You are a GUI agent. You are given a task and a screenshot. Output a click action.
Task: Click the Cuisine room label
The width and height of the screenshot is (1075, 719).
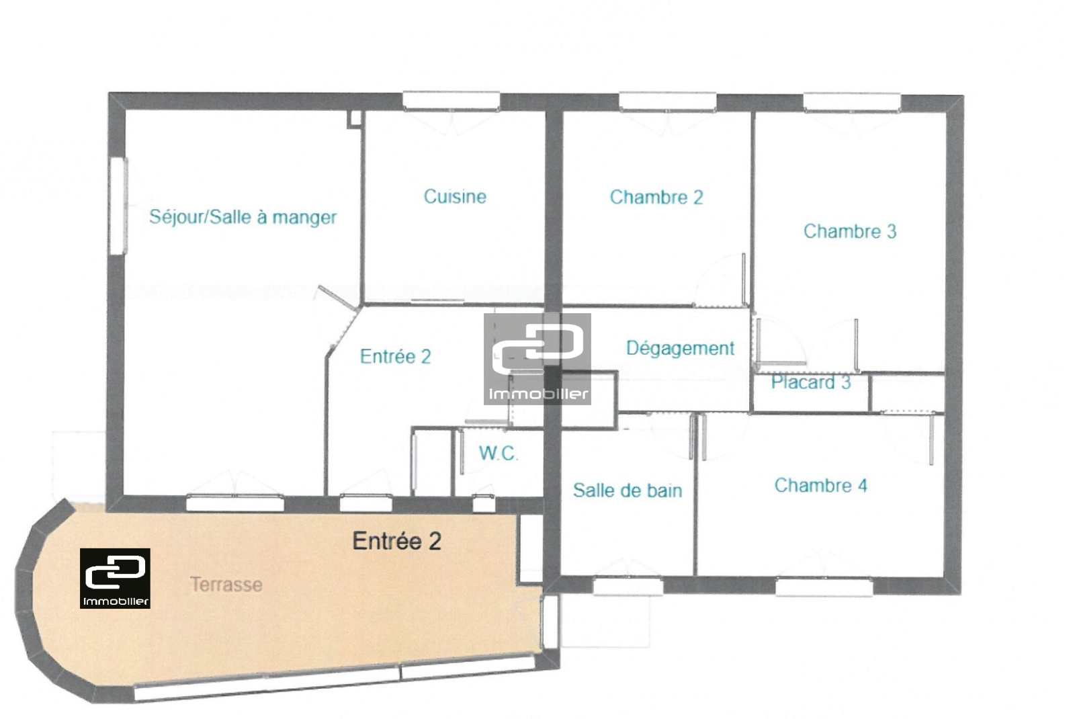(455, 197)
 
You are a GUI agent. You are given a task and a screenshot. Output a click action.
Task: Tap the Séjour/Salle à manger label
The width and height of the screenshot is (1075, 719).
(243, 217)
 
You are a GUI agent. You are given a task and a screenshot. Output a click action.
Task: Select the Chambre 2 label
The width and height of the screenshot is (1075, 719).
(656, 198)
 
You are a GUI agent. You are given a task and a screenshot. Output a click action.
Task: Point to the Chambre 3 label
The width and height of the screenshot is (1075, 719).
(850, 231)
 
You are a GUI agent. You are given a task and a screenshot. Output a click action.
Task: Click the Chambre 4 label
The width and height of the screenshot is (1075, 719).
(820, 485)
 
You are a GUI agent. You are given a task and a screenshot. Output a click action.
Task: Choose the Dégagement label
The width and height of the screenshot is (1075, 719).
(680, 349)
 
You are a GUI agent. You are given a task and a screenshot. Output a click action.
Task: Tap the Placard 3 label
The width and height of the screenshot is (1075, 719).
(810, 382)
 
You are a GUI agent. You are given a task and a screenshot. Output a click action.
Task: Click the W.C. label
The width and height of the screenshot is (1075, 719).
(498, 453)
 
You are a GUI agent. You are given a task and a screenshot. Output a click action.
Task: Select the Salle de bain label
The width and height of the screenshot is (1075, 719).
(628, 490)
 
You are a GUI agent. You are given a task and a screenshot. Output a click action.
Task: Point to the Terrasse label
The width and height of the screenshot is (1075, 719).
(226, 585)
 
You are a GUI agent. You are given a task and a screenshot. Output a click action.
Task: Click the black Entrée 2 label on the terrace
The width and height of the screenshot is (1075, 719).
(397, 541)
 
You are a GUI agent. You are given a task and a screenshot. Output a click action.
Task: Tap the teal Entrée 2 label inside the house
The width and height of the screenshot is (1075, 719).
(396, 357)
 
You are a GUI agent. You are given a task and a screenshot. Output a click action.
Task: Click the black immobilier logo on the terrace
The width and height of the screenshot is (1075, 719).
(115, 579)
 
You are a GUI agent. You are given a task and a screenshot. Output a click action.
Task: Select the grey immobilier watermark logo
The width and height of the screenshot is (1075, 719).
(537, 359)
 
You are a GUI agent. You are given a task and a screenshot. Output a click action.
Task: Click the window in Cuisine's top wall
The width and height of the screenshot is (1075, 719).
(451, 101)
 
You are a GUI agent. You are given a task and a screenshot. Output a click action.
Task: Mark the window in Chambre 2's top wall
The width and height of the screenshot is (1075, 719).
(668, 102)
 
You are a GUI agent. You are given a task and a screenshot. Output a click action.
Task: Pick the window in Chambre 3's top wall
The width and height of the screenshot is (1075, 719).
(852, 103)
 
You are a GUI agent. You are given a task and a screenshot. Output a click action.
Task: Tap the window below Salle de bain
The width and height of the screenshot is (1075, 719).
(628, 587)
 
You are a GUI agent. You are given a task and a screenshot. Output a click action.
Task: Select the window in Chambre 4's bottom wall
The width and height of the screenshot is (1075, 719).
(824, 587)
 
